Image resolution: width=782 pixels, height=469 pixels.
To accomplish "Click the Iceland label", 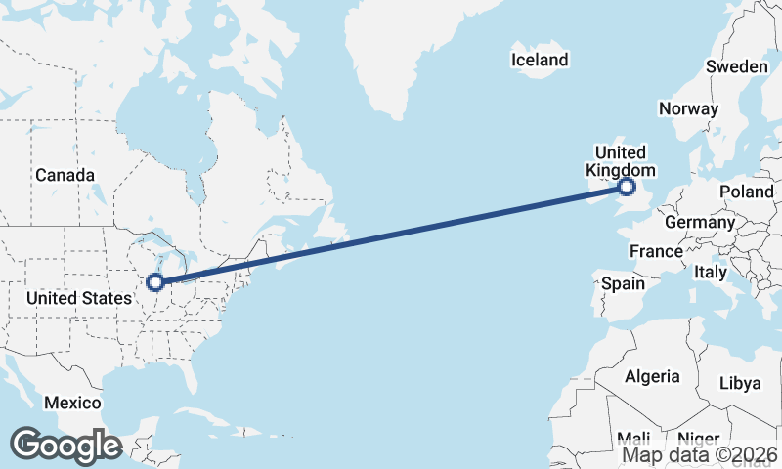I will pos(539,60).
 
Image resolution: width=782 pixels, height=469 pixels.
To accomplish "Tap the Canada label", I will pos(65,175).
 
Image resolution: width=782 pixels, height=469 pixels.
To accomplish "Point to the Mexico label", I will pos(72,403).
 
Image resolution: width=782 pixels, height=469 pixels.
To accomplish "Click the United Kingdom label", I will pos(620,161).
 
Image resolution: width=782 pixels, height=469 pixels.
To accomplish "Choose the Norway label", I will pos(688,108).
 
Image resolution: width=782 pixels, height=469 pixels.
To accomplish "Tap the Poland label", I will pos(746,192).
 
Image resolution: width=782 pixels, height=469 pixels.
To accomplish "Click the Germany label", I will pos(699,222).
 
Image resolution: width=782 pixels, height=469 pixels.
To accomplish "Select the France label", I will pos(656,251).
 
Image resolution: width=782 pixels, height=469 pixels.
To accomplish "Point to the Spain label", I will pos(623,283).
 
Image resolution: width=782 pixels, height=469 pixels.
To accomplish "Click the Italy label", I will pos(711,272).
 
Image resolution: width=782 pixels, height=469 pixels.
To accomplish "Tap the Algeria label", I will pos(652,376).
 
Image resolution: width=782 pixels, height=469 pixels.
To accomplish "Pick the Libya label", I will pos(739,383).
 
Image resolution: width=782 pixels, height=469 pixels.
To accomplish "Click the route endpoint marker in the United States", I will pos(154,283).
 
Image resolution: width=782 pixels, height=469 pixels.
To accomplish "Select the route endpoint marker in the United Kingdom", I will pos(627,187).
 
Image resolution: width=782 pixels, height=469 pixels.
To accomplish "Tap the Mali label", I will pos(633,438).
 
